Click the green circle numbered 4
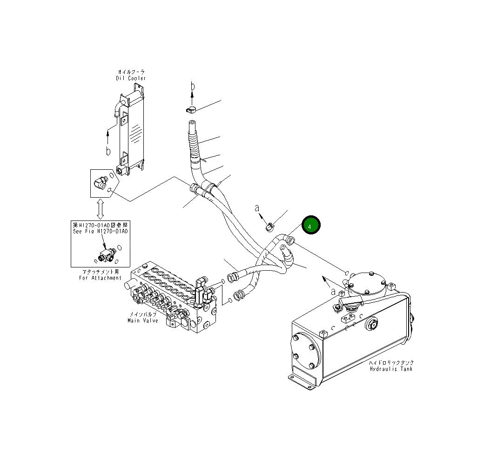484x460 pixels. (311, 225)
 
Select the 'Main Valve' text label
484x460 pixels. (143, 320)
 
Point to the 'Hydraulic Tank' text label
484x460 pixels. (391, 369)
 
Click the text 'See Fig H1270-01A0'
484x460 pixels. (100, 230)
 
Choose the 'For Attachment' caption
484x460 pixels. (100, 278)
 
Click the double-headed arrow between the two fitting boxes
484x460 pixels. (100, 209)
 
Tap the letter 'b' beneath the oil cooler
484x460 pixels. (108, 151)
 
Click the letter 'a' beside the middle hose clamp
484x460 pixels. (257, 209)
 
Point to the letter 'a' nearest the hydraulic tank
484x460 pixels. (333, 291)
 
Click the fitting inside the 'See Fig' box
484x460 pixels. (106, 254)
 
